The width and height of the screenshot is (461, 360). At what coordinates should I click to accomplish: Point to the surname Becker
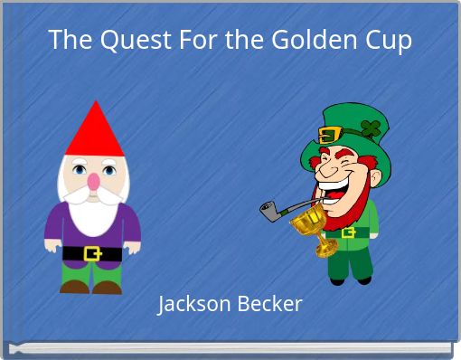click(x=268, y=304)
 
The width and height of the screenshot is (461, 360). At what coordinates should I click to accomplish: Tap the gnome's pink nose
click(x=93, y=182)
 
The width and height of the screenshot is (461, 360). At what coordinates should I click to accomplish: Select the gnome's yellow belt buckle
click(x=92, y=253)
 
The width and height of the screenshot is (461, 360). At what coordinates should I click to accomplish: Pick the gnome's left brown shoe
click(x=74, y=286)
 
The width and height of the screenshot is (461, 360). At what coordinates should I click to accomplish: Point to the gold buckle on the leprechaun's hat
click(x=329, y=135)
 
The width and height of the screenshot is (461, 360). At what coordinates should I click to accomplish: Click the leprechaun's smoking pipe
click(x=277, y=211)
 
